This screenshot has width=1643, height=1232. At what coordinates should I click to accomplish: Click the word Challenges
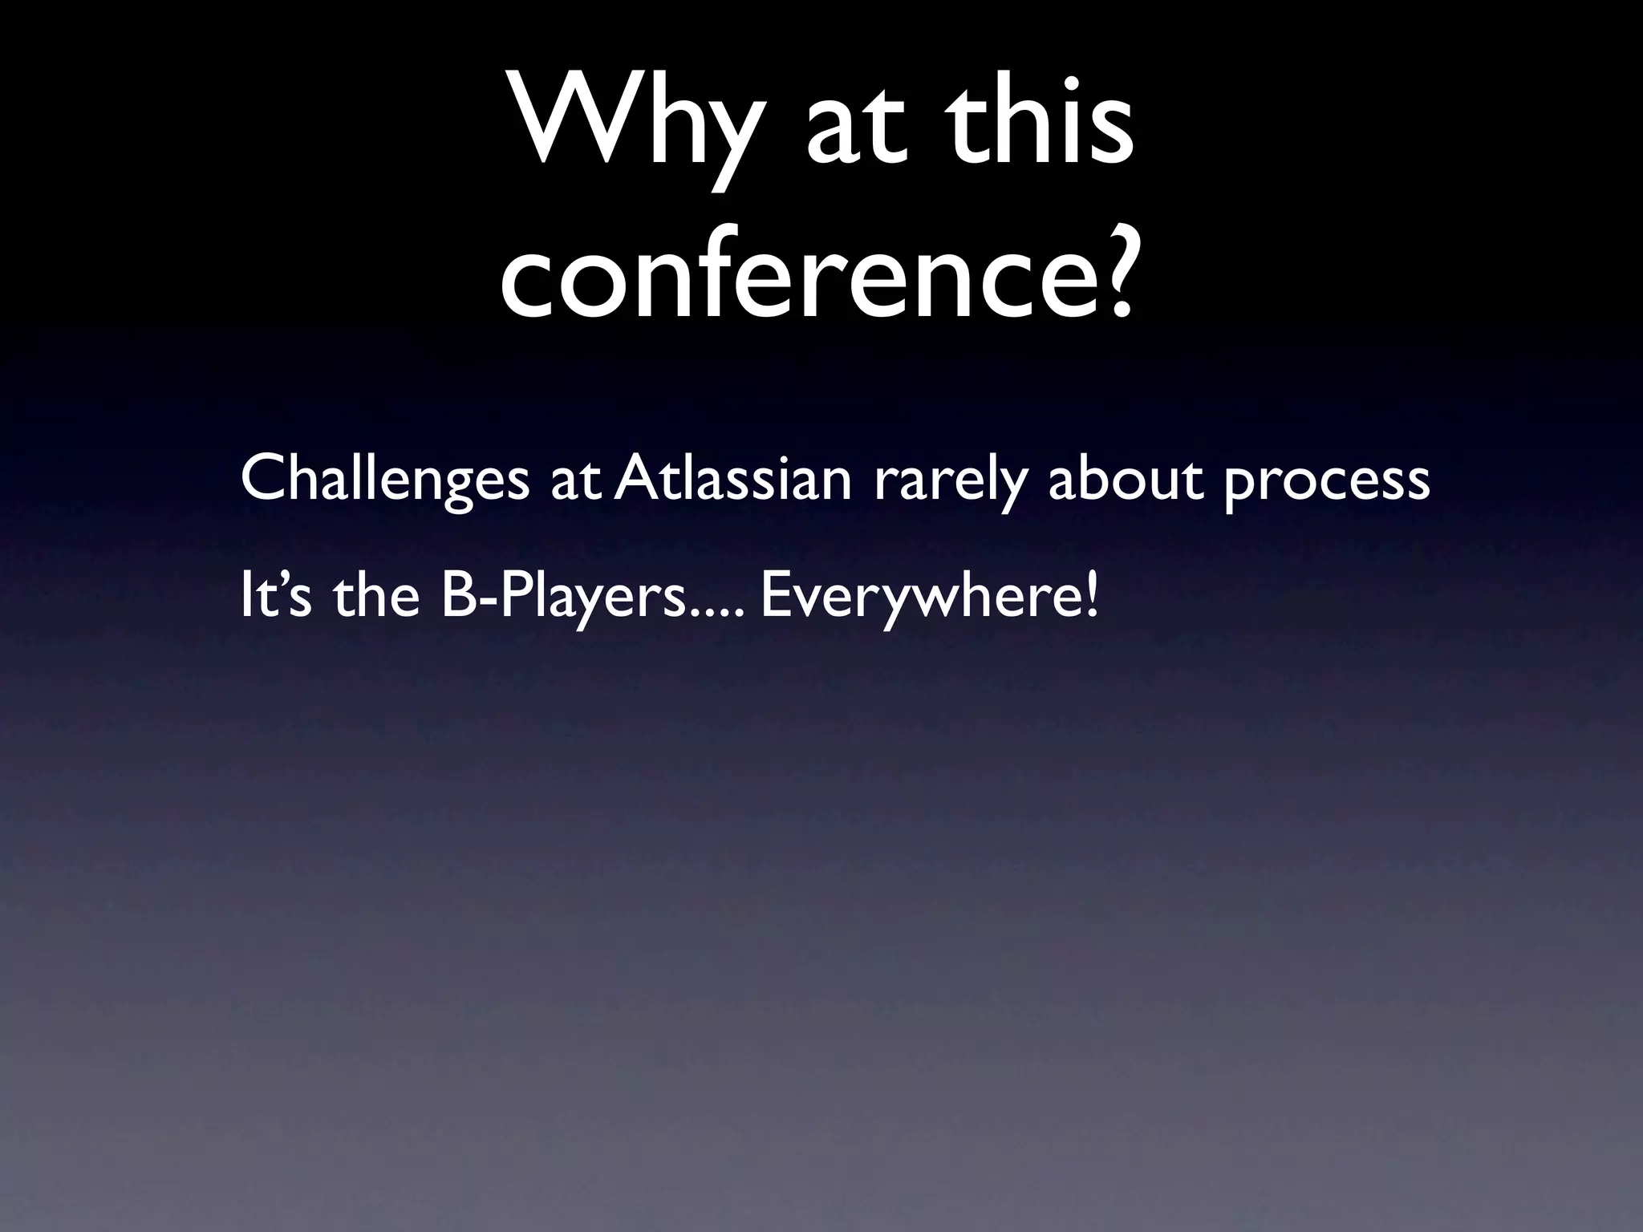pyautogui.click(x=384, y=480)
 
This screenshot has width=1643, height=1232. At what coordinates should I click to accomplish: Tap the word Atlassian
pyautogui.click(x=735, y=478)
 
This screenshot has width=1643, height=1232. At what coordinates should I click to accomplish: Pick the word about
pyautogui.click(x=1126, y=478)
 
